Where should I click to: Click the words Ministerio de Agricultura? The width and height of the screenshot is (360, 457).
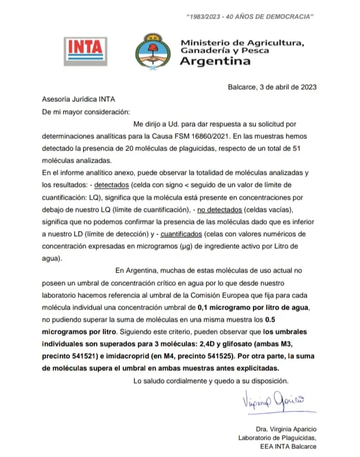pyautogui.click(x=243, y=43)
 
